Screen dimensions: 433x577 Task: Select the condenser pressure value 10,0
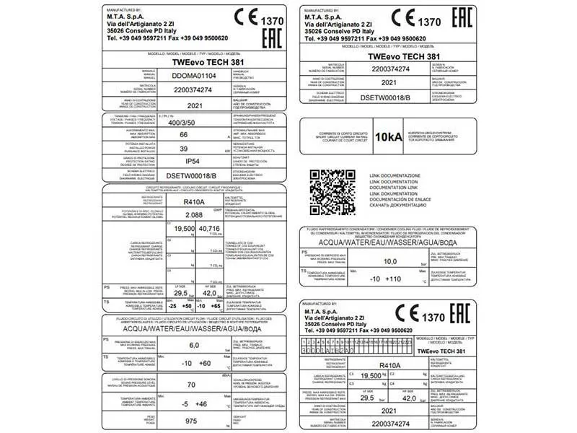(x=390, y=261)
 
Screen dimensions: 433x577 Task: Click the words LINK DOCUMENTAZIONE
(x=395, y=176)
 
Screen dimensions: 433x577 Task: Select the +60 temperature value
(x=205, y=363)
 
